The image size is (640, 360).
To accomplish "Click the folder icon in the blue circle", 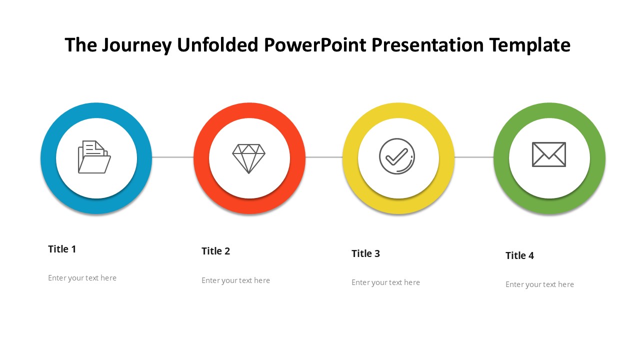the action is tap(94, 157).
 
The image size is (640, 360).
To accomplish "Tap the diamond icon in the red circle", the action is tap(248, 158).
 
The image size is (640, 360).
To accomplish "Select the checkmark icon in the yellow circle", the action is tap(397, 156).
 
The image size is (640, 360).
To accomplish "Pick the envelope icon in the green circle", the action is tap(549, 154).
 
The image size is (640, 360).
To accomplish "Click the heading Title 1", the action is tap(62, 249).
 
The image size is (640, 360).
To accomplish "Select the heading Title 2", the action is tap(215, 251).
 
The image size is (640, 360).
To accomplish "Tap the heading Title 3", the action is tap(365, 253).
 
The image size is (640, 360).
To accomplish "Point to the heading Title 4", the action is tap(519, 255).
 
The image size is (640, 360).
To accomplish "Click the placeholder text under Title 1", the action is tap(82, 278).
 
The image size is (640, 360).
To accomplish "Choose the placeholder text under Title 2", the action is tap(235, 280).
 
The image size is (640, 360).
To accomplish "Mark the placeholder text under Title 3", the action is tap(385, 282).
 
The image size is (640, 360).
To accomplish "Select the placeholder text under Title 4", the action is tap(539, 284).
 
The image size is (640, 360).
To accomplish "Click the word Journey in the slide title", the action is tap(137, 45).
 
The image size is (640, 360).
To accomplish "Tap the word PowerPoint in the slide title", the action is tap(315, 45).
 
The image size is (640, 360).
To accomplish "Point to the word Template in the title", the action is tap(530, 45).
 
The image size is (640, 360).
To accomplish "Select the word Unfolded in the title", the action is tap(217, 45).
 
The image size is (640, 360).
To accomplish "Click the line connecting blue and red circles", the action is tap(173, 157).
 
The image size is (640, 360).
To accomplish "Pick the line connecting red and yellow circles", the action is tap(324, 157).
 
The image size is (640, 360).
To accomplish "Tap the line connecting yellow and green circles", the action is tap(474, 157).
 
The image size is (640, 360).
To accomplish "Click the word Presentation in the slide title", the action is tap(427, 45).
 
